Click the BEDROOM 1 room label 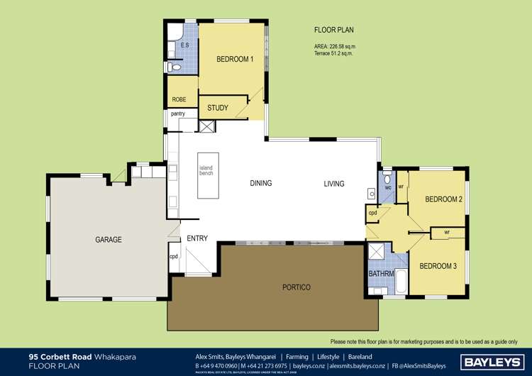click(235, 60)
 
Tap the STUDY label click(218, 109)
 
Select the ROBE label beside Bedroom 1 click(179, 100)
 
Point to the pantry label click(177, 114)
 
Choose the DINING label click(260, 184)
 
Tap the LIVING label click(333, 184)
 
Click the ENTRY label click(197, 238)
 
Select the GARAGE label click(109, 240)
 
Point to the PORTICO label click(296, 287)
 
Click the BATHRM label click(380, 274)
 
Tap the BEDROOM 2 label click(443, 199)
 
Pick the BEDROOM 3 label click(438, 266)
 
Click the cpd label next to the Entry click(173, 257)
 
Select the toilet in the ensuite click(174, 67)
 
